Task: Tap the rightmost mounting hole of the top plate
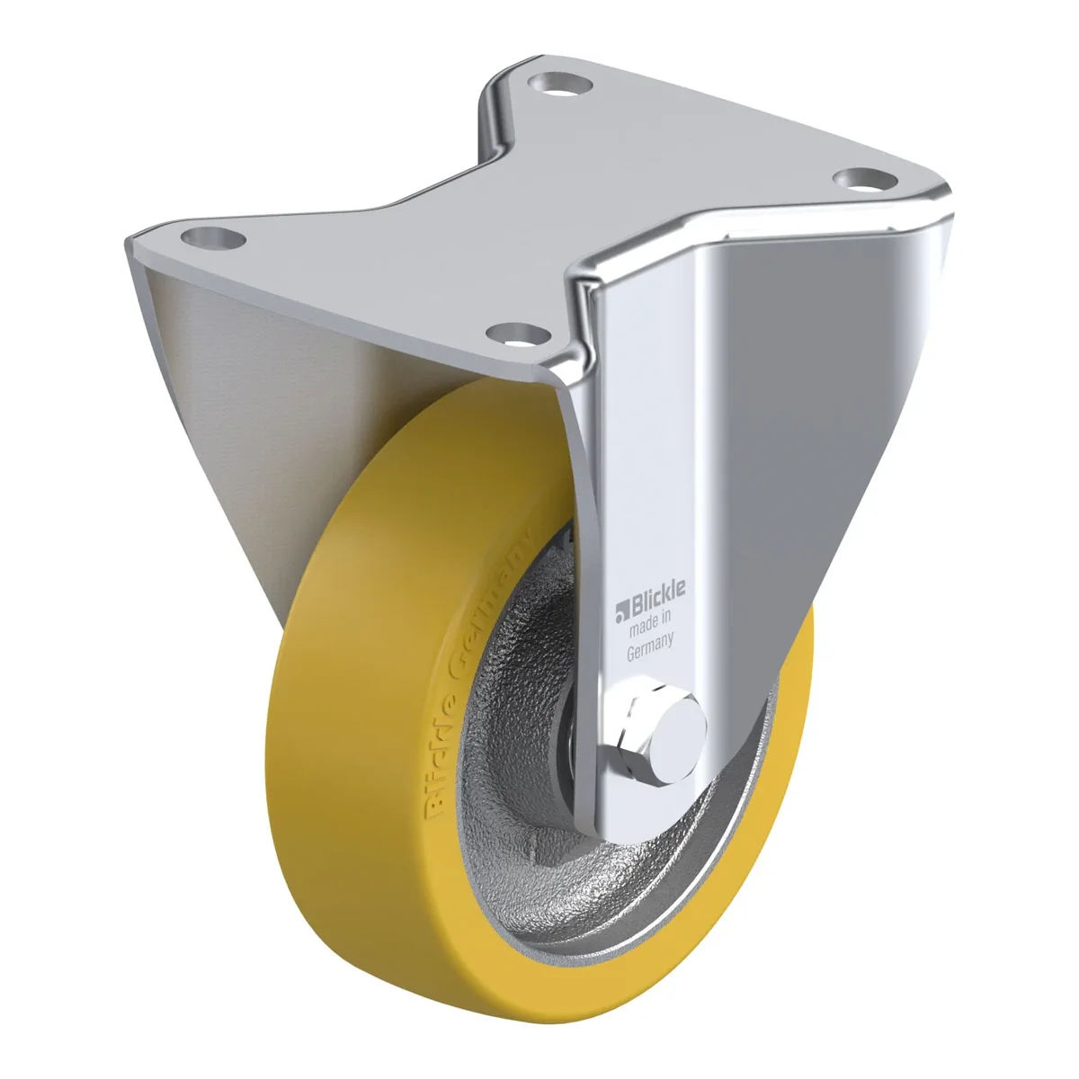pos(864,179)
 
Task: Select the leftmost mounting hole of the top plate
pos(213,238)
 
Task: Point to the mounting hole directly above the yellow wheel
pos(518,334)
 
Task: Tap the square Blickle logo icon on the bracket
pos(623,613)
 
